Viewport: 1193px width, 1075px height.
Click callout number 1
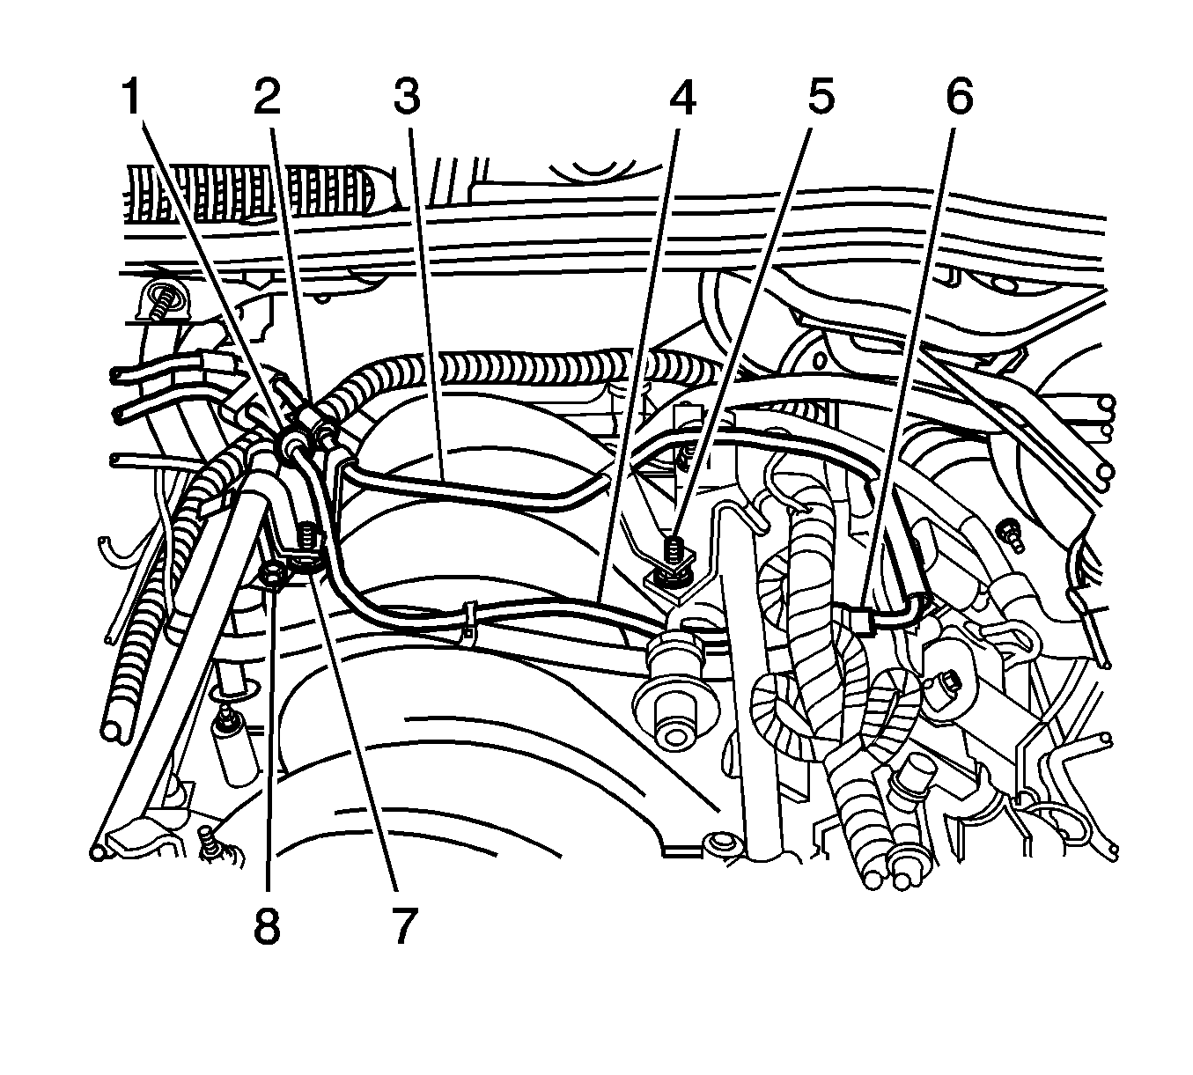pyautogui.click(x=132, y=97)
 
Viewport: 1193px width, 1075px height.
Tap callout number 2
pyautogui.click(x=267, y=97)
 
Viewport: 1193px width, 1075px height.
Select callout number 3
pyautogui.click(x=407, y=97)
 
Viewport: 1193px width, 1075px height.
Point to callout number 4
pyautogui.click(x=681, y=97)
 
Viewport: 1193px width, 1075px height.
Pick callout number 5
pyautogui.click(x=821, y=97)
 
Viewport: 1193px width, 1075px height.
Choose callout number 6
pyautogui.click(x=960, y=97)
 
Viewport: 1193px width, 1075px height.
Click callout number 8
pyautogui.click(x=267, y=926)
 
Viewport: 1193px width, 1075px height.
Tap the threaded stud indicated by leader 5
pyautogui.click(x=672, y=552)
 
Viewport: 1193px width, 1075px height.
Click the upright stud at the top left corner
pyautogui.click(x=164, y=304)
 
